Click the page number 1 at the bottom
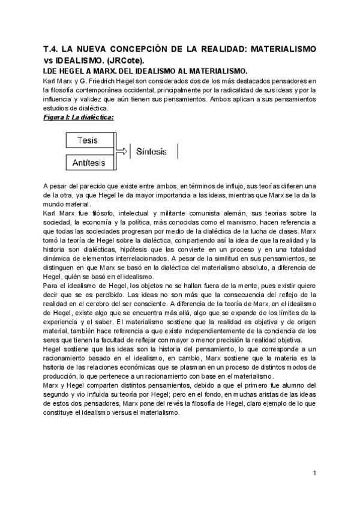click(x=314, y=474)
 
